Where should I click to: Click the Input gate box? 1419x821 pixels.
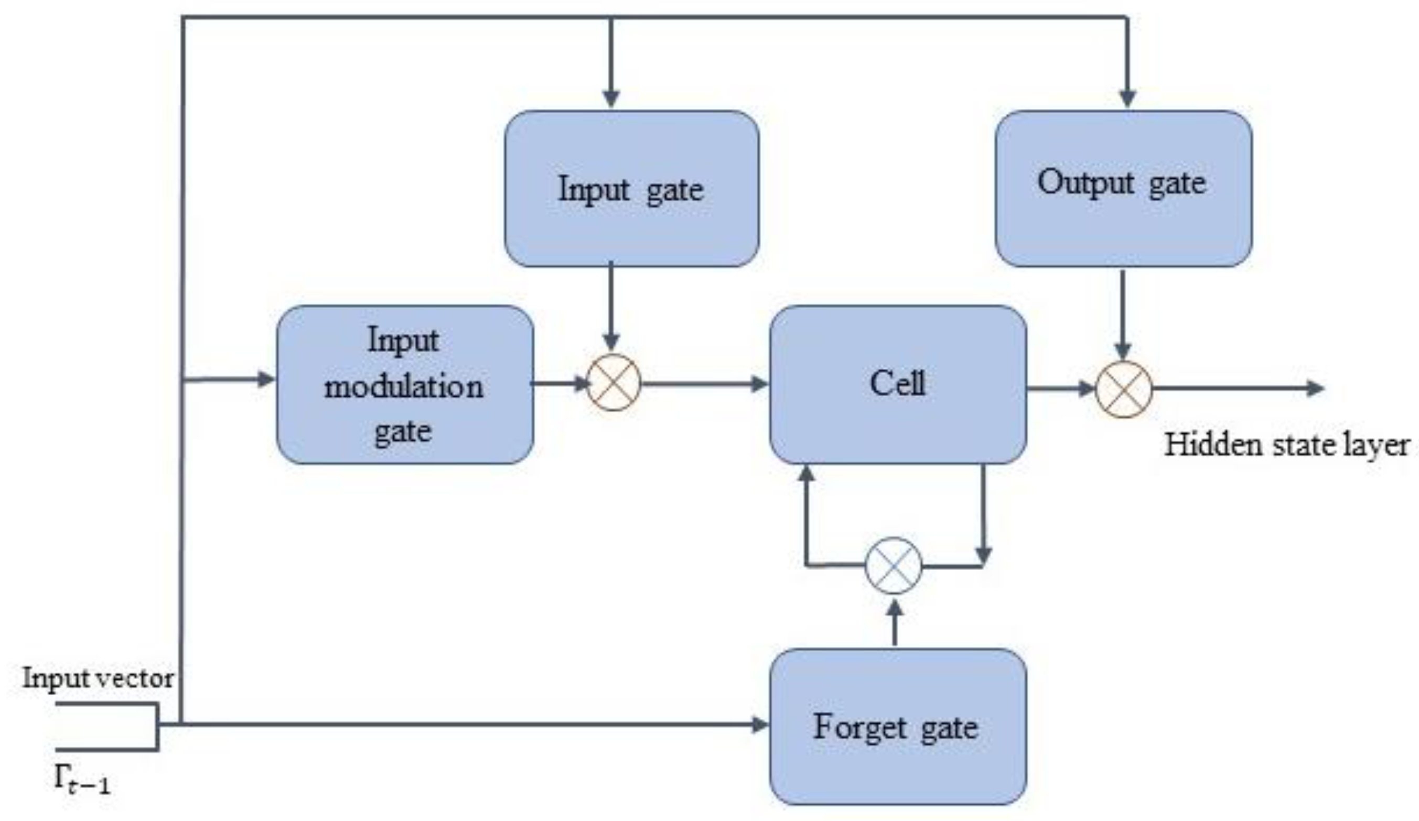(631, 189)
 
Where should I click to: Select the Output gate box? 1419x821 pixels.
(1123, 189)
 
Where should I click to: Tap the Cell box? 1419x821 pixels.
(898, 385)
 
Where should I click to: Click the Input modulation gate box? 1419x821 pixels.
(404, 385)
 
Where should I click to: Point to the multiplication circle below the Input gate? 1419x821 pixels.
(613, 382)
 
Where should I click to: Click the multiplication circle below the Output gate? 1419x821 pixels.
(1123, 389)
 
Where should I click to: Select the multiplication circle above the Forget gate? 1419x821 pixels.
(893, 565)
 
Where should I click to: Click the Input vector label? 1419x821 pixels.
(98, 678)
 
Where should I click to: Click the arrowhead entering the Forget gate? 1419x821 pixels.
(760, 724)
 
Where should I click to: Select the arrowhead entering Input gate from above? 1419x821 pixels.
(611, 98)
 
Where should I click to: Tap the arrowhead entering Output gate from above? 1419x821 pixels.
(1127, 98)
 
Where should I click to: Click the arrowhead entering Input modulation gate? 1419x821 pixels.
(266, 379)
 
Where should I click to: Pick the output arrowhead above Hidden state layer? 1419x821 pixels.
(1315, 388)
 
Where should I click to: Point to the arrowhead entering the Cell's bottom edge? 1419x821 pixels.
(808, 474)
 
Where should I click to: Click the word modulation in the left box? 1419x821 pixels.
(404, 387)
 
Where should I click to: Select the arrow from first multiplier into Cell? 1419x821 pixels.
(704, 385)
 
